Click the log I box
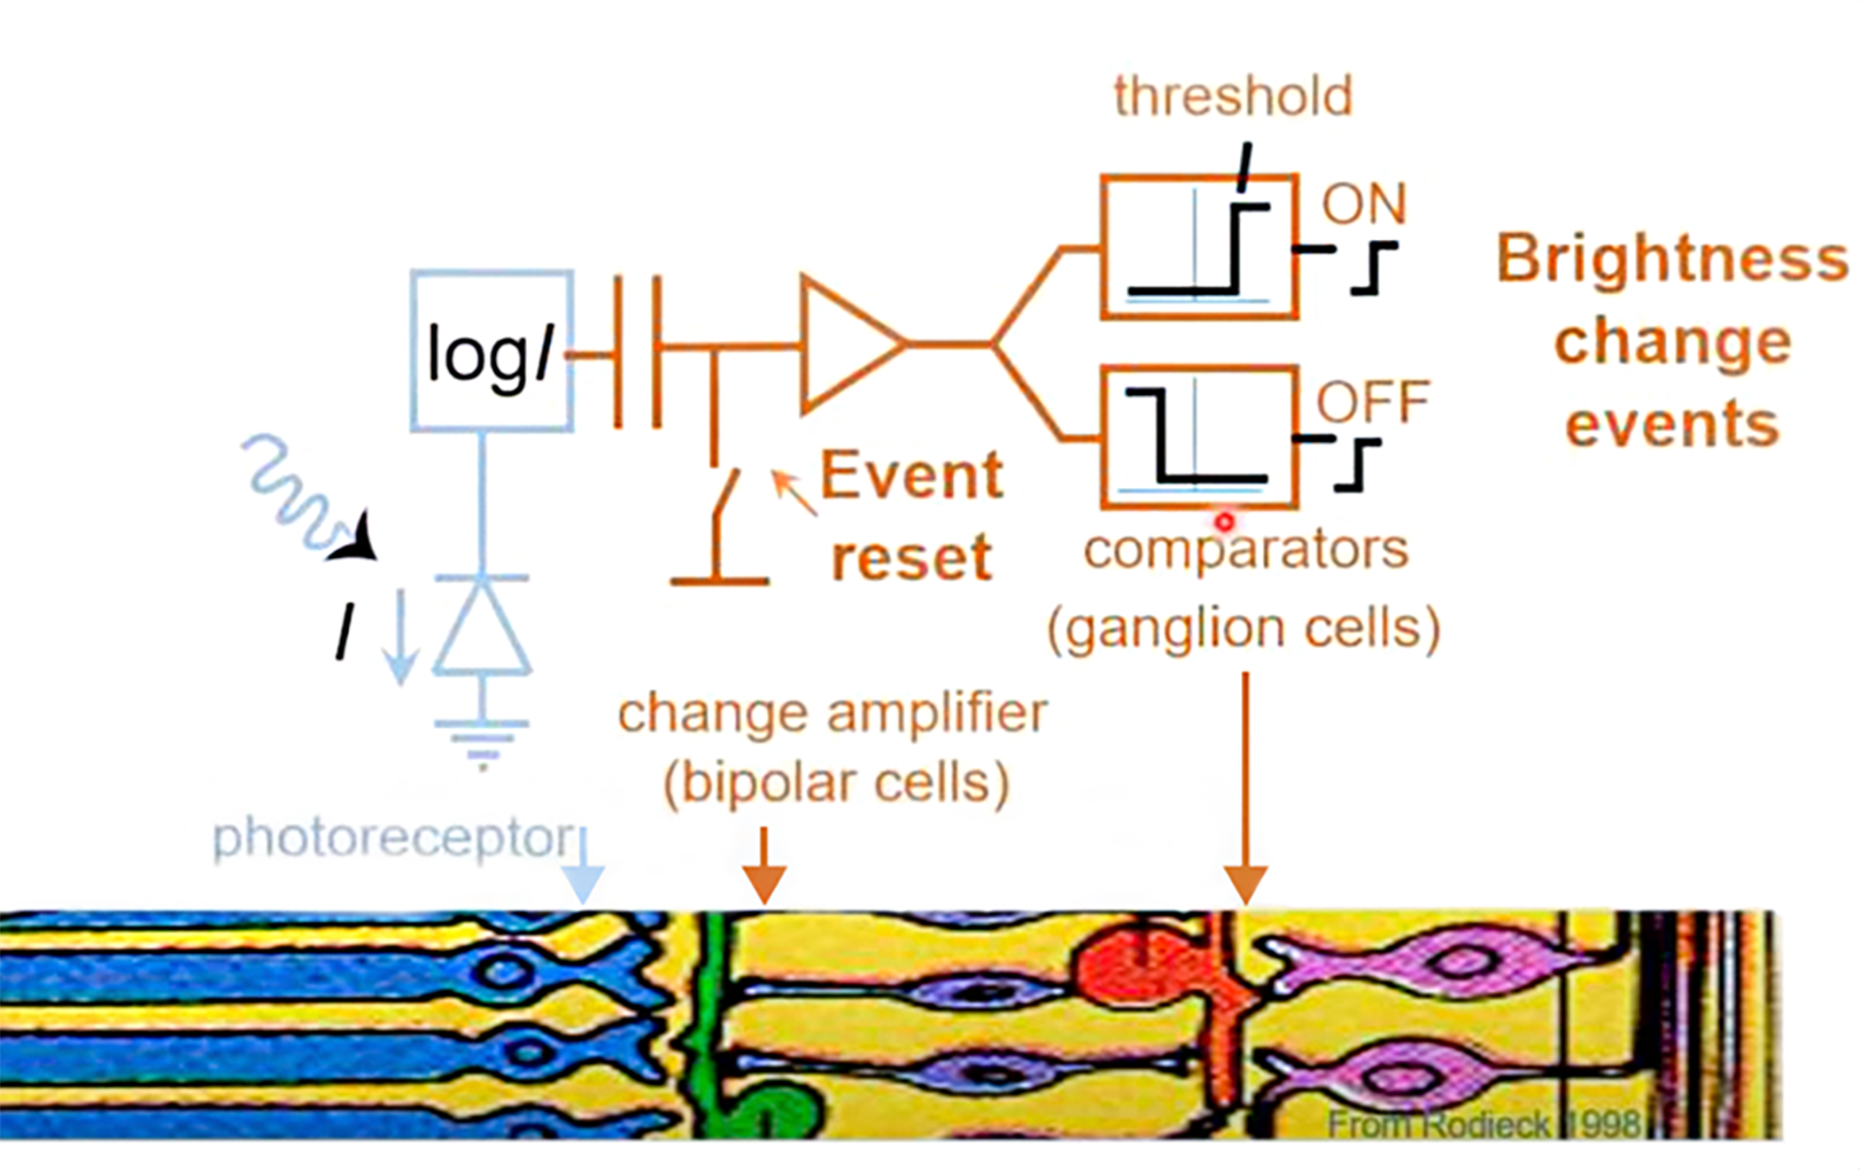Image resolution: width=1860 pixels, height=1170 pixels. click(x=491, y=351)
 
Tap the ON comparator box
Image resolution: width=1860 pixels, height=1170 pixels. click(x=1198, y=247)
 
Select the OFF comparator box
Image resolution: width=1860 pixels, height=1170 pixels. click(x=1198, y=437)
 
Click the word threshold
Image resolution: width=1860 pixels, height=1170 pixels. click(x=1232, y=97)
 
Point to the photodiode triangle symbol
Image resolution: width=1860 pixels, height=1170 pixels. click(x=481, y=630)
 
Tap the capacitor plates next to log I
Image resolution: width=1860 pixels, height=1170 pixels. click(x=637, y=352)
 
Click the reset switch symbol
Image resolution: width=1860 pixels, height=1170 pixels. click(x=722, y=523)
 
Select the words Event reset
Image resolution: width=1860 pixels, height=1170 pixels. click(x=911, y=516)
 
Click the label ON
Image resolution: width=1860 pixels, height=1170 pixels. click(x=1363, y=204)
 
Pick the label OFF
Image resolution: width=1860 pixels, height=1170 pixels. click(x=1372, y=401)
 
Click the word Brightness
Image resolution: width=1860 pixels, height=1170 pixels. click(x=1672, y=259)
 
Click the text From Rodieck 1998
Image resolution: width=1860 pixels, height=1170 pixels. click(x=1482, y=1124)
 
